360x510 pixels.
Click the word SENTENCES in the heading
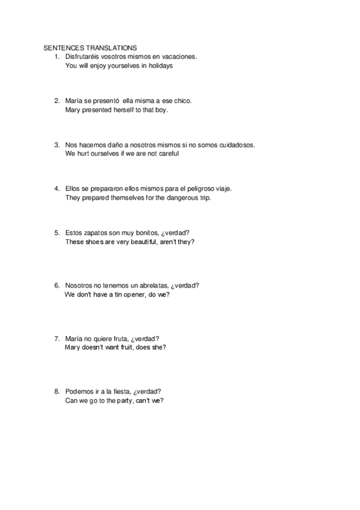pos(63,48)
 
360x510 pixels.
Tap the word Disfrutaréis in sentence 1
pos(84,57)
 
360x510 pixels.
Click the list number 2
pos(56,100)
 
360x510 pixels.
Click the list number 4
pos(56,188)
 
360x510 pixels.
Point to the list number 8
pos(56,391)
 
